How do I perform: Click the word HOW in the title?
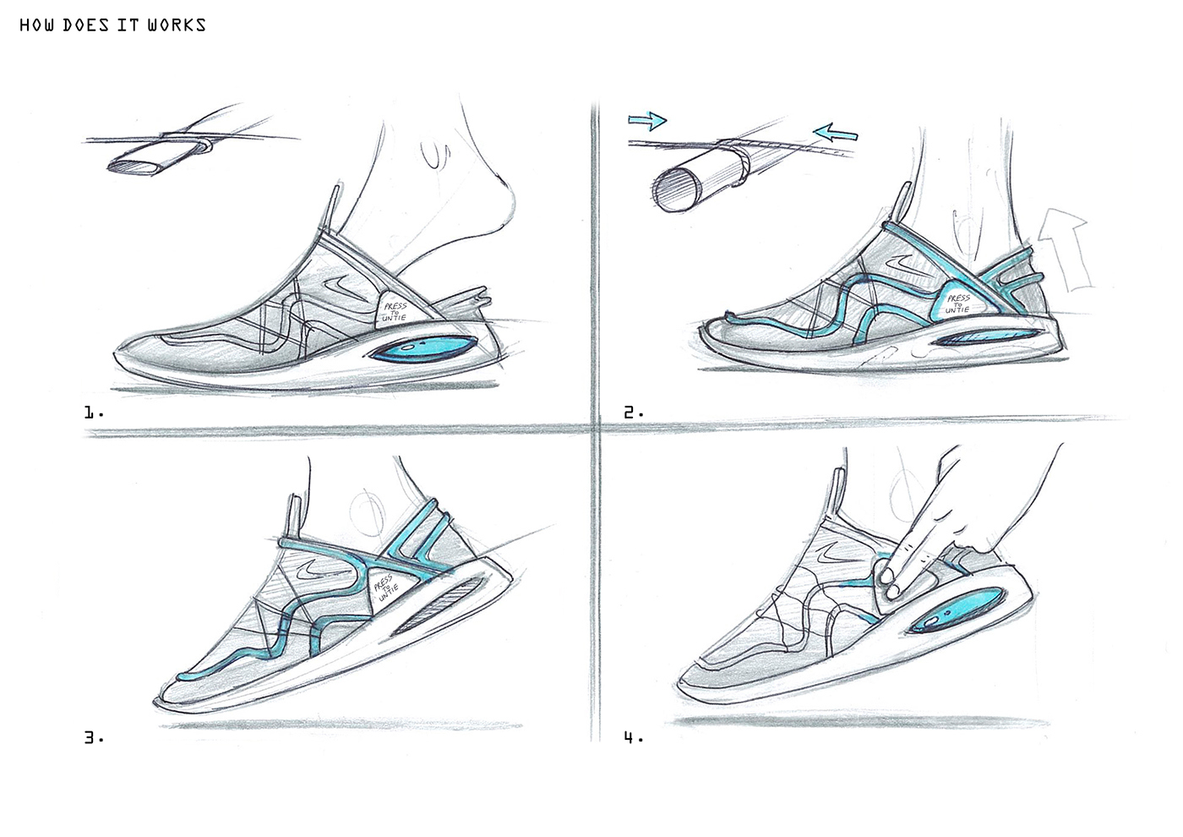coord(37,25)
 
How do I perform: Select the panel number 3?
coord(92,737)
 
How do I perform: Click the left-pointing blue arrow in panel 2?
coord(836,132)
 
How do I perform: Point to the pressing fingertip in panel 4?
coord(886,577)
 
